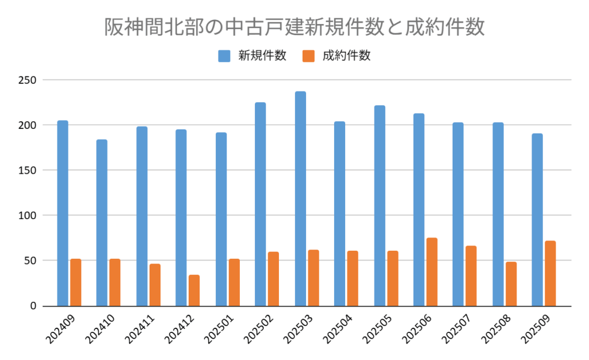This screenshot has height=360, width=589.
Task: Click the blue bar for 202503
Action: [300, 198]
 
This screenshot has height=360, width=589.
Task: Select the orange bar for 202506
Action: [431, 271]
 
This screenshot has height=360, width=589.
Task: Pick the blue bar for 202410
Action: [102, 223]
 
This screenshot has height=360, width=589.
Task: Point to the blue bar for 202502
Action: [261, 204]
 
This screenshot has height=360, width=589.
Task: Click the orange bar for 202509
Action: [550, 273]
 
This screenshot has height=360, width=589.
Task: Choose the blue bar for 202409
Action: [63, 213]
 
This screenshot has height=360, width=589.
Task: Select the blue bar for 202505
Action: [380, 205]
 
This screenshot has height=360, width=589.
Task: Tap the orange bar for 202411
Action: [155, 284]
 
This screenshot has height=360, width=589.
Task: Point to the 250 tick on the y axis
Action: [26, 80]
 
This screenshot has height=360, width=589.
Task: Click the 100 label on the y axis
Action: [26, 216]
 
